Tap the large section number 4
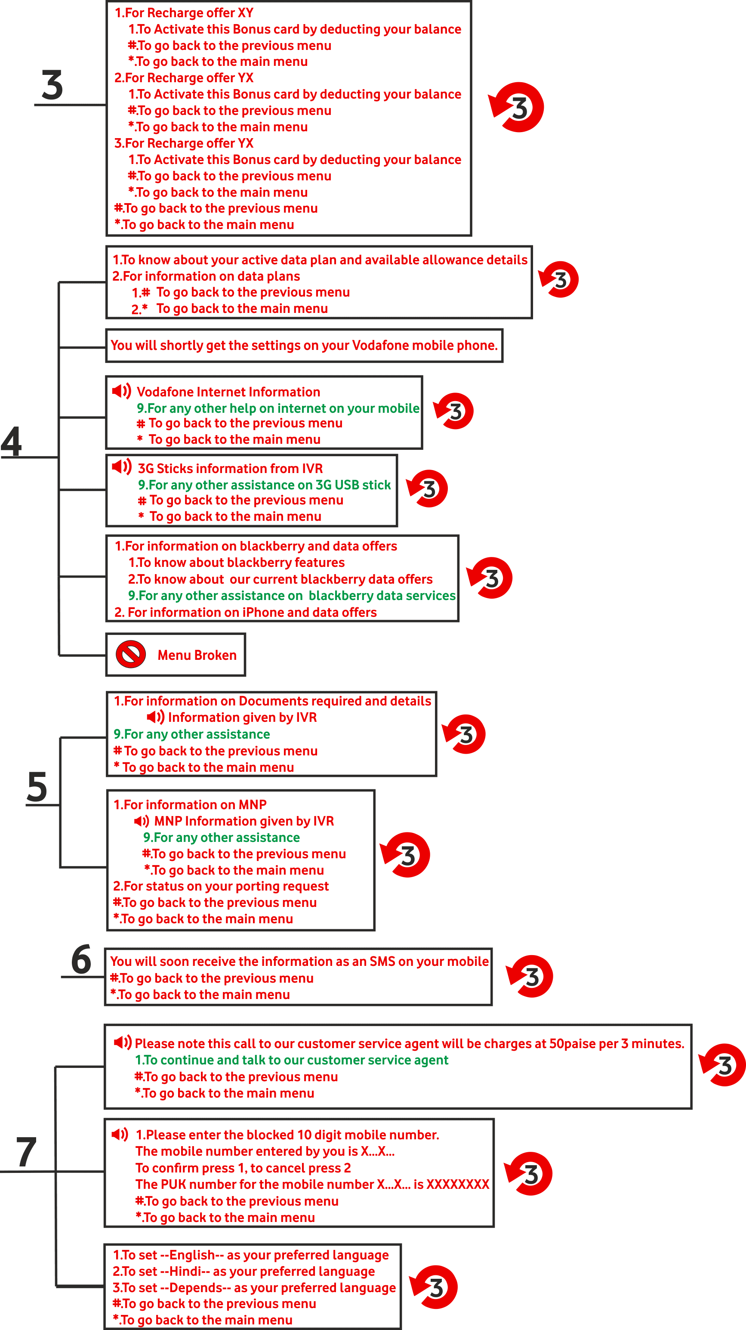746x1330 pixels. [x=11, y=442]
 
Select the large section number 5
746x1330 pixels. [x=37, y=787]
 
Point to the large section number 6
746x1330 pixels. [x=81, y=959]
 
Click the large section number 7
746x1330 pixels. [x=26, y=1152]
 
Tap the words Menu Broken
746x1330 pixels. [x=197, y=655]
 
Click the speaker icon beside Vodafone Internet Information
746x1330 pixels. [x=122, y=391]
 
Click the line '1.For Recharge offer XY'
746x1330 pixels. [x=184, y=12]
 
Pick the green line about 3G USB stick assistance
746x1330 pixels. [x=264, y=485]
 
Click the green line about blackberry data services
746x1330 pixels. [x=292, y=595]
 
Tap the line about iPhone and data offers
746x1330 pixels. [x=246, y=612]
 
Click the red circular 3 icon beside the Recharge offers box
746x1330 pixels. [x=517, y=107]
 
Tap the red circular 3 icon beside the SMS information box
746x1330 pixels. [x=530, y=976]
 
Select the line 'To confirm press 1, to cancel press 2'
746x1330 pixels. [x=243, y=1168]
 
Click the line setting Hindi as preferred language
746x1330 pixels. [x=244, y=1271]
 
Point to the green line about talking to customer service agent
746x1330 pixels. [x=292, y=1060]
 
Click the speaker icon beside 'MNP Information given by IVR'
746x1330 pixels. [x=142, y=821]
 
